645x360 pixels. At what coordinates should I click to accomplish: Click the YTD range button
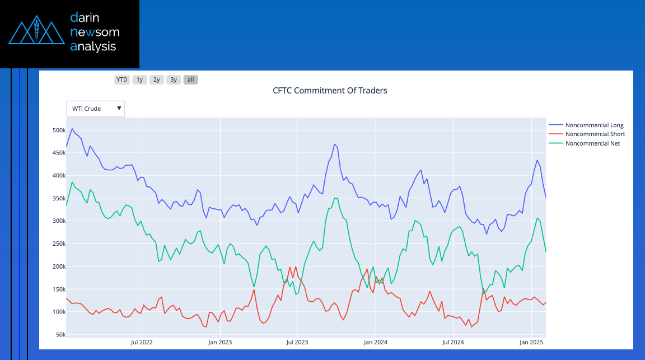121,80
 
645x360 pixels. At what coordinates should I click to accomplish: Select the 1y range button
139,80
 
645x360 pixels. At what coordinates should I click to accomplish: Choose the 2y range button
157,80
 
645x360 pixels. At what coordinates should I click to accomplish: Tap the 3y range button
174,80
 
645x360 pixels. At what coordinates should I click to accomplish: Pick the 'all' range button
191,80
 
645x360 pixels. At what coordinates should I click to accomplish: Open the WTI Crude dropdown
96,109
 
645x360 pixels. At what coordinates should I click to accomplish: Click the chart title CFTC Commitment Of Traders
330,90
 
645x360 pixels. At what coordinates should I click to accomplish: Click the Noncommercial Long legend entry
594,125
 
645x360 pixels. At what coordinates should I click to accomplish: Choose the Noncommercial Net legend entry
592,143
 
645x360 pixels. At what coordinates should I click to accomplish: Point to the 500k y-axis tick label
59,130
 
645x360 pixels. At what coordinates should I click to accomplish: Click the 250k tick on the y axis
59,244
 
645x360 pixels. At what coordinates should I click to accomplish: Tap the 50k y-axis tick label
60,334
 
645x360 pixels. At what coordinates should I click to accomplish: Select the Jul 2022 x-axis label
142,342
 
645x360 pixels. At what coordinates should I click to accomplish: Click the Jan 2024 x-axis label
375,342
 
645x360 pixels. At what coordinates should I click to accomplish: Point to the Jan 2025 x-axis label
530,342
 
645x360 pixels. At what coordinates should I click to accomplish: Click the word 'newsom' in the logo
95,32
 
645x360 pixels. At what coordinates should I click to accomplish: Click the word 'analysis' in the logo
94,46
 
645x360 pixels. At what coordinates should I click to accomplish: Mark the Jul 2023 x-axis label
297,342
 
